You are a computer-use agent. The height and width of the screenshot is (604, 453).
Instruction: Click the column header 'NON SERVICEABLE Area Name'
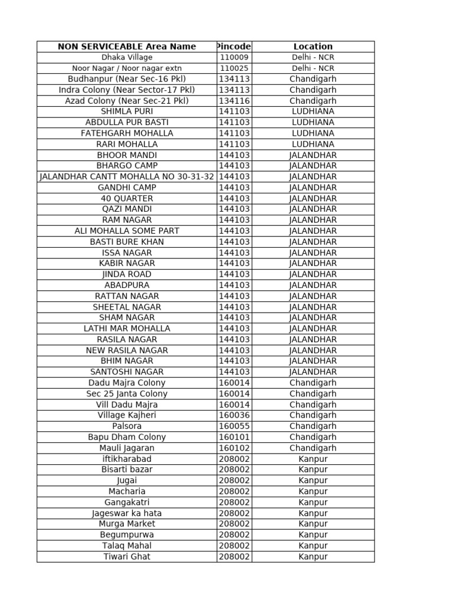pos(127,47)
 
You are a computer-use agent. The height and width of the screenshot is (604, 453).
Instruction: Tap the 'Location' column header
pos(313,47)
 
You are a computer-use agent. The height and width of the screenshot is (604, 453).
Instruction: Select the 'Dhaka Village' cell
pos(127,58)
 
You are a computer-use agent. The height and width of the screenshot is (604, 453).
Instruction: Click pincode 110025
pos(234,68)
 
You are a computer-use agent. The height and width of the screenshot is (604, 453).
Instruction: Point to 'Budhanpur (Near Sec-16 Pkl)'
pos(127,79)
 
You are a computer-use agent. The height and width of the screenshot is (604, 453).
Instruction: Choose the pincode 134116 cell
pos(234,101)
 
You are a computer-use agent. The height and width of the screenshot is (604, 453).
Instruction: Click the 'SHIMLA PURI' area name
pos(127,111)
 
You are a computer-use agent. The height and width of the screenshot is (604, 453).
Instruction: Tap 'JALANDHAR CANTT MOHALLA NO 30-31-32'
pos(127,176)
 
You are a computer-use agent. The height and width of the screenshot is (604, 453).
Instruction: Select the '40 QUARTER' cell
pos(127,198)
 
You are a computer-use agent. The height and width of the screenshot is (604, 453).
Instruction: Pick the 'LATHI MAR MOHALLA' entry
pos(127,329)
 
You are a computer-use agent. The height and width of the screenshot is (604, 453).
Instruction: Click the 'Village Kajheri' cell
pos(127,415)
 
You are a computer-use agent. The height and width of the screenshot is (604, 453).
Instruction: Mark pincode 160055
pos(234,426)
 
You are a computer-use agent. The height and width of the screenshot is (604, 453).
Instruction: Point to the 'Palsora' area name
pos(127,426)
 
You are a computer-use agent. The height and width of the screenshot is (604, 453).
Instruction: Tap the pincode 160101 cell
pos(234,437)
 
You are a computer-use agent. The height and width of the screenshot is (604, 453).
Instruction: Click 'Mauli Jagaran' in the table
pos(127,448)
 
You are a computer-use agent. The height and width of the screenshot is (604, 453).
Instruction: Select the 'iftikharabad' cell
pos(127,459)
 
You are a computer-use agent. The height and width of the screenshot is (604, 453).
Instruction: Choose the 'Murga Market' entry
pos(127,524)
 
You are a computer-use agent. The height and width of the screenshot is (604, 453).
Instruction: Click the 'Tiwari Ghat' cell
pos(127,556)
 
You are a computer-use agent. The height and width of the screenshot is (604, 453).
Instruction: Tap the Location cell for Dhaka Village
pos(313,58)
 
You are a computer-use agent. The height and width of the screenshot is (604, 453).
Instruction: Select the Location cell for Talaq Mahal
pos(313,546)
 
